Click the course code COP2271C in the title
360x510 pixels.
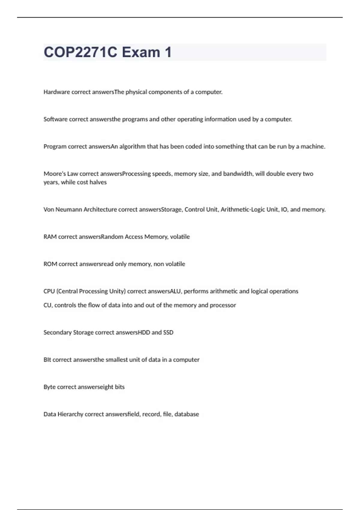pyautogui.click(x=80, y=52)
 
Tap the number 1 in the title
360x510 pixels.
pyautogui.click(x=168, y=52)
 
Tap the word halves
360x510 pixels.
pyautogui.click(x=98, y=182)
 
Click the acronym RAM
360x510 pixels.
pyautogui.click(x=50, y=237)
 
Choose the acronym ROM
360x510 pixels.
pyautogui.click(x=50, y=264)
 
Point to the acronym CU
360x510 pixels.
pyautogui.click(x=47, y=305)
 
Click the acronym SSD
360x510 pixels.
pyautogui.click(x=168, y=333)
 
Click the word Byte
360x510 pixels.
pyautogui.click(x=49, y=387)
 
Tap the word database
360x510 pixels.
pyautogui.click(x=187, y=414)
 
